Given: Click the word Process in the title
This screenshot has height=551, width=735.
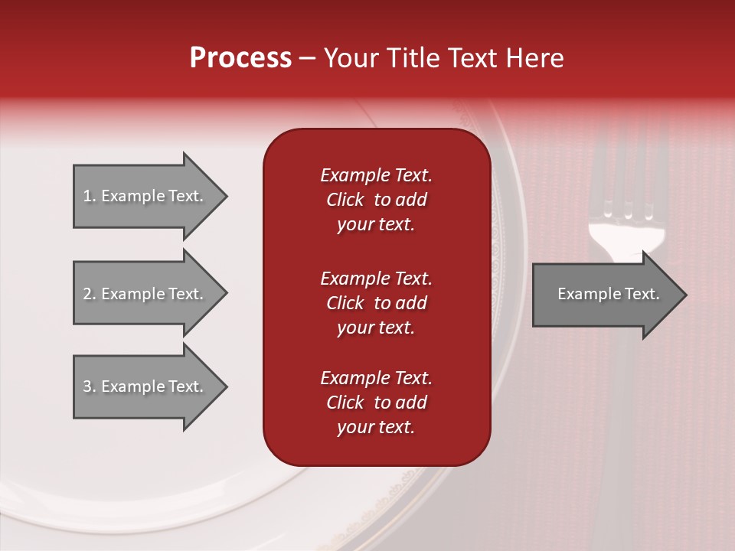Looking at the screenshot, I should pyautogui.click(x=240, y=58).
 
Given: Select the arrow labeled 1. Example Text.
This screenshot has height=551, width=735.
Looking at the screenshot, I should pyautogui.click(x=145, y=196).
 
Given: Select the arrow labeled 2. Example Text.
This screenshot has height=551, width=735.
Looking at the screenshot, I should pyautogui.click(x=145, y=294).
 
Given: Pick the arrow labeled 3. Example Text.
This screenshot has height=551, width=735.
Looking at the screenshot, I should pyautogui.click(x=145, y=386).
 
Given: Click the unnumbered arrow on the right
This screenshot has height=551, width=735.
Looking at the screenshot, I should pyautogui.click(x=605, y=295).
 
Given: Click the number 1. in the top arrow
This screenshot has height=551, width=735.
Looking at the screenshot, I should pyautogui.click(x=89, y=196).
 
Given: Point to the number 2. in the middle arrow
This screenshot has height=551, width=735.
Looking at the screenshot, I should pyautogui.click(x=89, y=294).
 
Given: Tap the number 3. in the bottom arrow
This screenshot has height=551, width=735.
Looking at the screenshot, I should pyautogui.click(x=89, y=386).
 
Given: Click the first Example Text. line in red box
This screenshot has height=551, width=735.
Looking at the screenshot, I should pyautogui.click(x=376, y=175).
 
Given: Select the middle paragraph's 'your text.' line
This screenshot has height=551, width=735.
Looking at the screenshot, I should pyautogui.click(x=376, y=328).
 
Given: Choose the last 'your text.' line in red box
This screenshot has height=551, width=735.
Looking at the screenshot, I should pyautogui.click(x=376, y=427).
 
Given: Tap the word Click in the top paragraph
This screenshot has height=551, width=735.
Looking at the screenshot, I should pyautogui.click(x=345, y=200).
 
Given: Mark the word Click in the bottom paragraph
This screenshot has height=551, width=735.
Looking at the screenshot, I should pyautogui.click(x=345, y=403).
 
